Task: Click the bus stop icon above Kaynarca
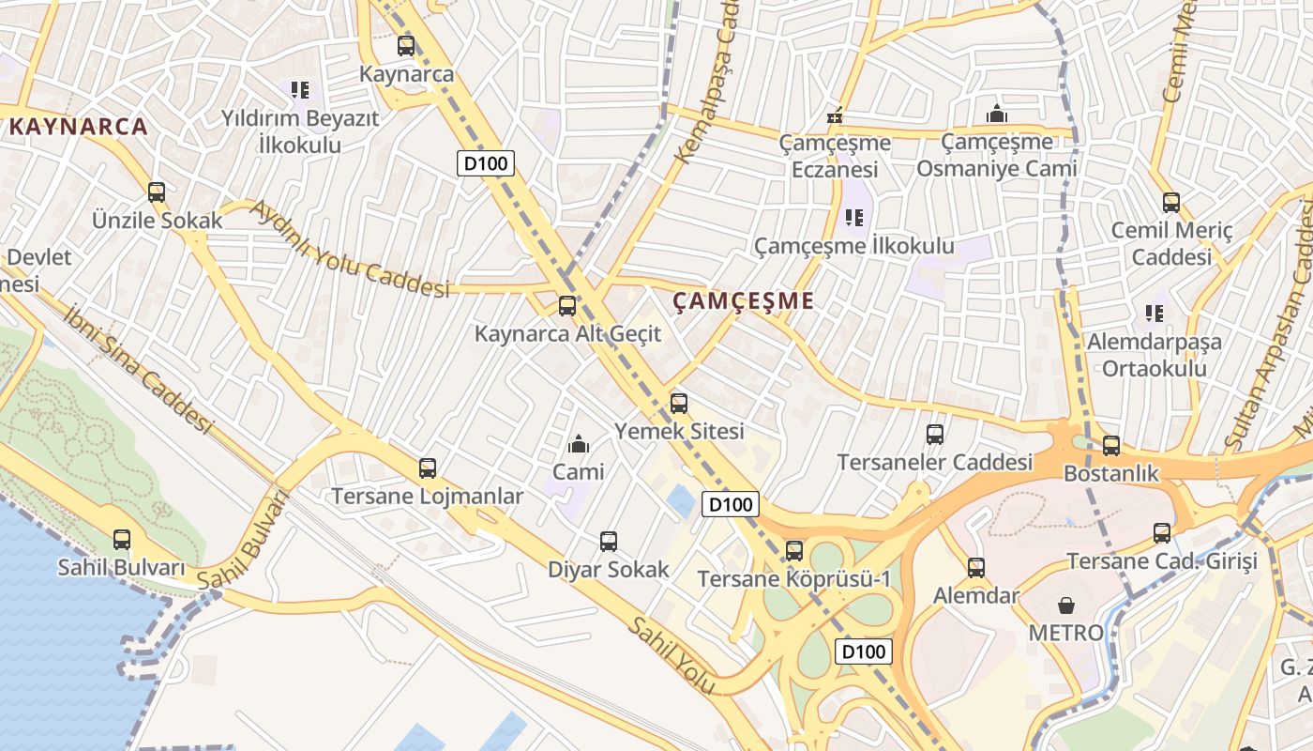[406, 45]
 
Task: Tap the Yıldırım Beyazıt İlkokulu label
[300, 131]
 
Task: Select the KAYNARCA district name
[79, 127]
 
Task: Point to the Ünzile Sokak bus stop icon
[157, 192]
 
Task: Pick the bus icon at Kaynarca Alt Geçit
[567, 305]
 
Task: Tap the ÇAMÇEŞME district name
[744, 301]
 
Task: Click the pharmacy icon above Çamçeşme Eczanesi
[835, 117]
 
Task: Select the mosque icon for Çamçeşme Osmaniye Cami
[997, 115]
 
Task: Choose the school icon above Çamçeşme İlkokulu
[853, 218]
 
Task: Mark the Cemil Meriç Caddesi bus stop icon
[1171, 202]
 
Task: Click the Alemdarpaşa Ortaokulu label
[1155, 355]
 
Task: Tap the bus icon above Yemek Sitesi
[679, 404]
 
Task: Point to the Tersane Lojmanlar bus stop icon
[428, 467]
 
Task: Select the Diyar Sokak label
[609, 569]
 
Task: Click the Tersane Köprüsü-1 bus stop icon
[794, 550]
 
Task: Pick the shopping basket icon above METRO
[1066, 605]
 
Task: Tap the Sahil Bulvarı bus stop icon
[122, 540]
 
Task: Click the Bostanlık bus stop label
[1111, 474]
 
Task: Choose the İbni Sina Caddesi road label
[139, 368]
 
